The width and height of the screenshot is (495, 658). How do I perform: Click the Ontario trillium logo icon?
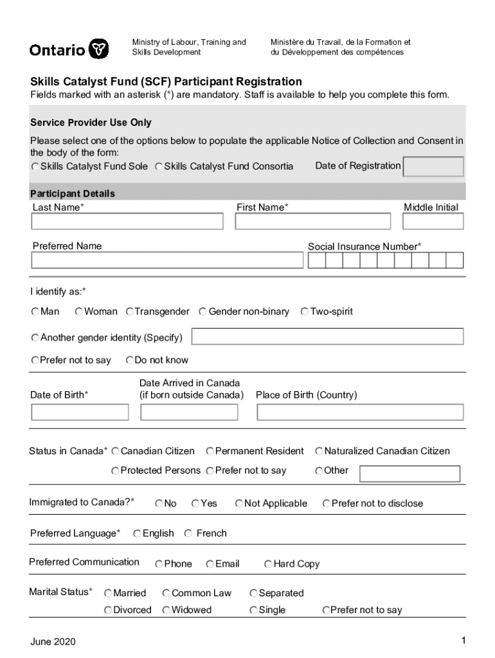[x=98, y=49]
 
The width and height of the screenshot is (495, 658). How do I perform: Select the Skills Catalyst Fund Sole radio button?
[x=35, y=166]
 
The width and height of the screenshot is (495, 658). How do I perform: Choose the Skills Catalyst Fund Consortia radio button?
[x=159, y=166]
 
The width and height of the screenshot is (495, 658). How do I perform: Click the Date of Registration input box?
[x=433, y=166]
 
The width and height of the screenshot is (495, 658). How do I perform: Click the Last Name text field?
[x=127, y=221]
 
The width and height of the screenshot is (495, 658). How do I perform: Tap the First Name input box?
[x=312, y=221]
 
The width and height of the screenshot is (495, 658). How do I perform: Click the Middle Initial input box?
[x=433, y=221]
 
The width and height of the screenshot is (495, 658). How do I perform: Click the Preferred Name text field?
[x=167, y=260]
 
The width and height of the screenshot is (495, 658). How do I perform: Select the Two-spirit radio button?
[x=305, y=312]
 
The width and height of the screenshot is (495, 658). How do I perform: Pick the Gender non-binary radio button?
[x=203, y=312]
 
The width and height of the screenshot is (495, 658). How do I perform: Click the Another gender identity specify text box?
[x=327, y=337]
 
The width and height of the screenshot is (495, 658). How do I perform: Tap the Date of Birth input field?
[x=80, y=412]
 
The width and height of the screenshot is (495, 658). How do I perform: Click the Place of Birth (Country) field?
[x=359, y=412]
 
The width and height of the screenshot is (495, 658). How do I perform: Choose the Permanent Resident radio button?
[x=210, y=451]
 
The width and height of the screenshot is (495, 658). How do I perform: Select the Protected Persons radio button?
[x=115, y=471]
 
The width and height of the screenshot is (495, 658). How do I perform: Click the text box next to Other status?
[x=410, y=474]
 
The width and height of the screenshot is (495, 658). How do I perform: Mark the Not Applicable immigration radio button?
[x=239, y=504]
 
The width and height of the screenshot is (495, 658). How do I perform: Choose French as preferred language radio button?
[x=188, y=533]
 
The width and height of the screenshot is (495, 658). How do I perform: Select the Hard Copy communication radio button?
[x=268, y=564]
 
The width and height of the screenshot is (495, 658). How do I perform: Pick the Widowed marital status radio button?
[x=166, y=610]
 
